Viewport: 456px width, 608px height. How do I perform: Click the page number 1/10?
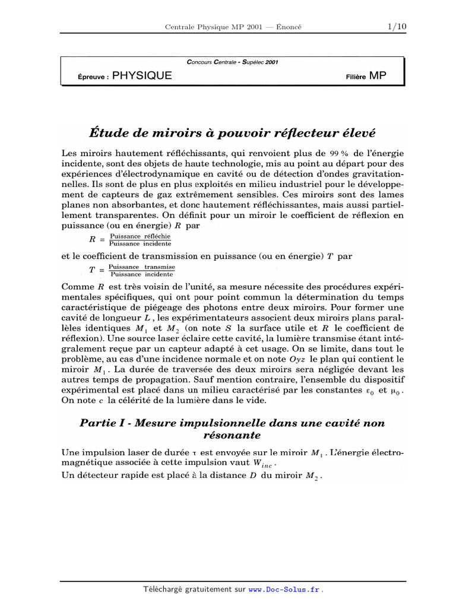(396, 27)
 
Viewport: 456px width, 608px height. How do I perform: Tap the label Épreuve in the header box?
(93, 77)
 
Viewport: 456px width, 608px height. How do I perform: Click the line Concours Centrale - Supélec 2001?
(232, 61)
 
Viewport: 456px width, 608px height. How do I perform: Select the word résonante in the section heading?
(232, 435)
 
